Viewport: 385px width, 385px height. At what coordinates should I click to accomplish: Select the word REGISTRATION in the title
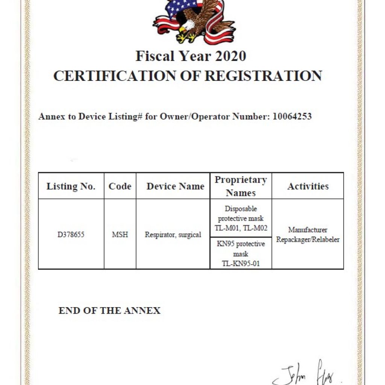263,76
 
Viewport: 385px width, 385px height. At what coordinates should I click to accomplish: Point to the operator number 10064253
292,117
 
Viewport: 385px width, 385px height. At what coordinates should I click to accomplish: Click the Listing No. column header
71,186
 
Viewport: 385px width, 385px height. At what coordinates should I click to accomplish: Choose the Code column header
120,186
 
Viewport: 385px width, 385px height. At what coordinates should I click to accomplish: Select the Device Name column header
175,186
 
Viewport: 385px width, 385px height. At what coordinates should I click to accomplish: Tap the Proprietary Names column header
241,186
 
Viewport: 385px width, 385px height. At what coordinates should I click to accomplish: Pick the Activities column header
308,186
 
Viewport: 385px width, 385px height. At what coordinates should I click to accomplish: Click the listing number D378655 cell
71,235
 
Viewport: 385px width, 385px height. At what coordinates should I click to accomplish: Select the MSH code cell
120,235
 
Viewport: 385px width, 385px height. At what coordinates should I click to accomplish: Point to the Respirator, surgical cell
173,235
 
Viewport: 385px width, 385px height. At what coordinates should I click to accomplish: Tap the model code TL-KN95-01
241,264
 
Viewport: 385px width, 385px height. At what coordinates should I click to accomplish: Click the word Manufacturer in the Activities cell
308,230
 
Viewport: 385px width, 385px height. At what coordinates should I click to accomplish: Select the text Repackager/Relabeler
308,239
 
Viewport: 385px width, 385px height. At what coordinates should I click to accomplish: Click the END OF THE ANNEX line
109,311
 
